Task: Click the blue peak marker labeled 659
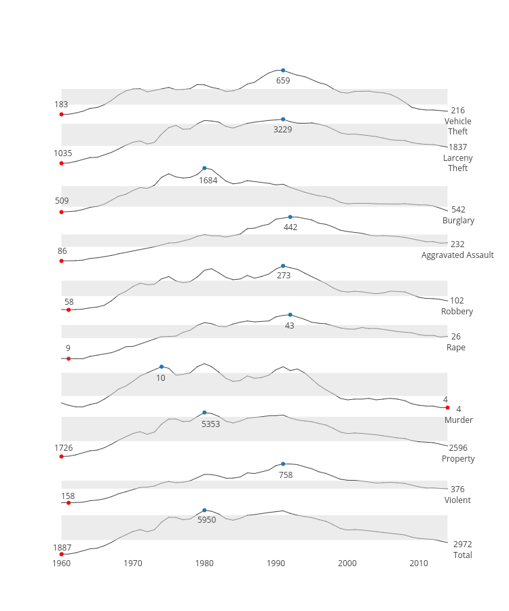pos(283,71)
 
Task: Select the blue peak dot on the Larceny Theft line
pos(283,119)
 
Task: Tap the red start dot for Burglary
pos(62,212)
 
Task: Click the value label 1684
pos(208,181)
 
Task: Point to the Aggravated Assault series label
pos(457,255)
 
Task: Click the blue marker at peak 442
pos(290,217)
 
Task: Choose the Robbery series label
pos(457,312)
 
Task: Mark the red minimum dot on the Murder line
pos(447,407)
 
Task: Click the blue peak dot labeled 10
pos(162,367)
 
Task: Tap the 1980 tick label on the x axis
pos(204,563)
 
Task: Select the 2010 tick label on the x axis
pos(419,563)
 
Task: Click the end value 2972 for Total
pos(462,544)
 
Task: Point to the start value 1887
pos(62,547)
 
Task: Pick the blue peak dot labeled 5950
pos(204,510)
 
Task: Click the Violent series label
pos(457,500)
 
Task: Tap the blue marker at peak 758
pos(283,464)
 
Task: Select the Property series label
pos(458,459)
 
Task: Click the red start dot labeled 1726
pos(62,456)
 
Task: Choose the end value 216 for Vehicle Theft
pos(457,111)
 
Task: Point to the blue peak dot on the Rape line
pos(290,315)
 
